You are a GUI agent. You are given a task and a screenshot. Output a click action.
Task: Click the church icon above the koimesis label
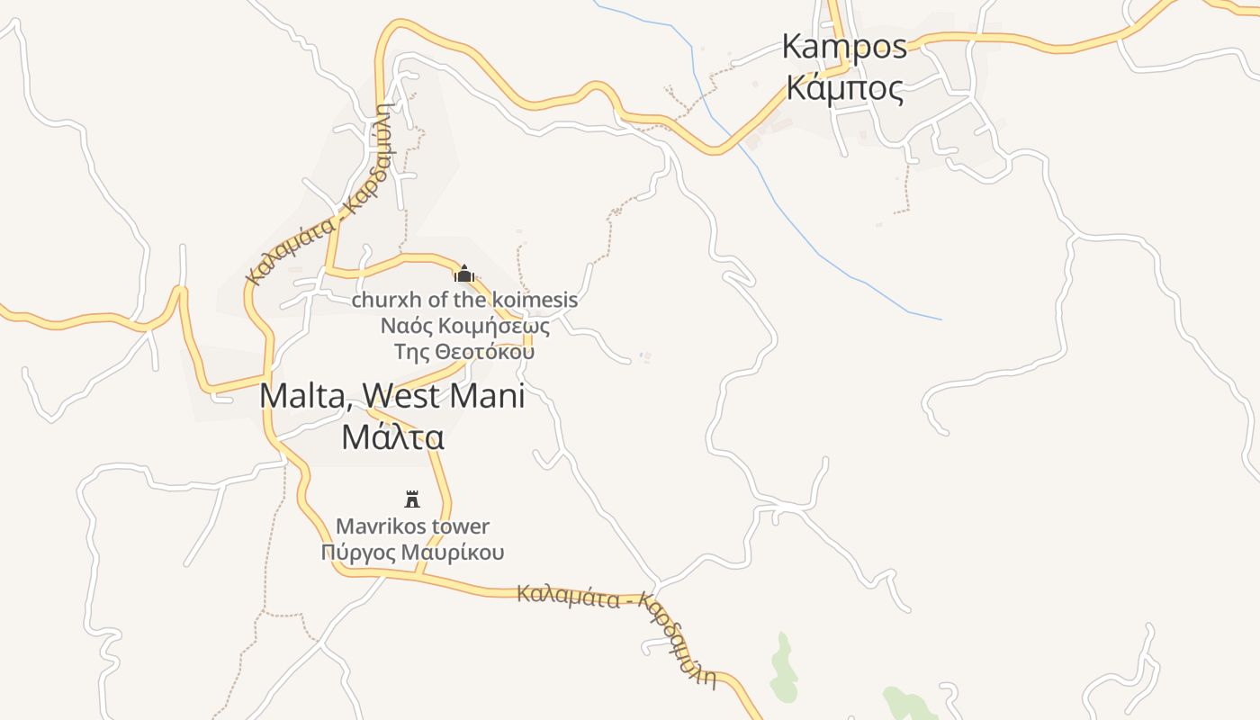pos(464,274)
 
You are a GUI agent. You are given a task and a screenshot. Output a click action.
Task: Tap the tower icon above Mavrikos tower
pos(412,499)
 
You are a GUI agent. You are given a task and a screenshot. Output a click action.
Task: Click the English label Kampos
pos(844,46)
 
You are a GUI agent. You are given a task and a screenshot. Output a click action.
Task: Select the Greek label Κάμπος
pos(844,88)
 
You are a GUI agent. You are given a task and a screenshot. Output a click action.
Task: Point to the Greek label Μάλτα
pos(393,436)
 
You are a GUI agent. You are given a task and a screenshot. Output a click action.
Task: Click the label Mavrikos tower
pos(412,526)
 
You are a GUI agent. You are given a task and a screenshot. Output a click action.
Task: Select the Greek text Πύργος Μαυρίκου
pos(412,552)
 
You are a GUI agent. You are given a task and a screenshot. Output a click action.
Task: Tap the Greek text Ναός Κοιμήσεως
pos(464,325)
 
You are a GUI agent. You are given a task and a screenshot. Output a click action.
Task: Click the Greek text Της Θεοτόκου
pos(464,351)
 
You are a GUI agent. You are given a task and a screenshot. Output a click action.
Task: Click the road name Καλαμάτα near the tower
pos(568,596)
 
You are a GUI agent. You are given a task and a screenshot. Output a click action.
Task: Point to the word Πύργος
pos(356,553)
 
